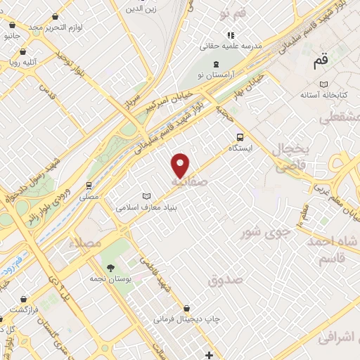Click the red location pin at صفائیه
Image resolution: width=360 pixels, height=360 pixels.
point(181,166)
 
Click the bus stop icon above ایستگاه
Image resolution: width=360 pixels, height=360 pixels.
point(240,137)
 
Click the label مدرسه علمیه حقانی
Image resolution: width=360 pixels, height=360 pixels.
point(230,46)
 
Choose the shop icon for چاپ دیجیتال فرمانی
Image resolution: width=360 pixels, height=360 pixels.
point(187,307)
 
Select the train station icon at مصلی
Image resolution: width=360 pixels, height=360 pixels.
point(89,186)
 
